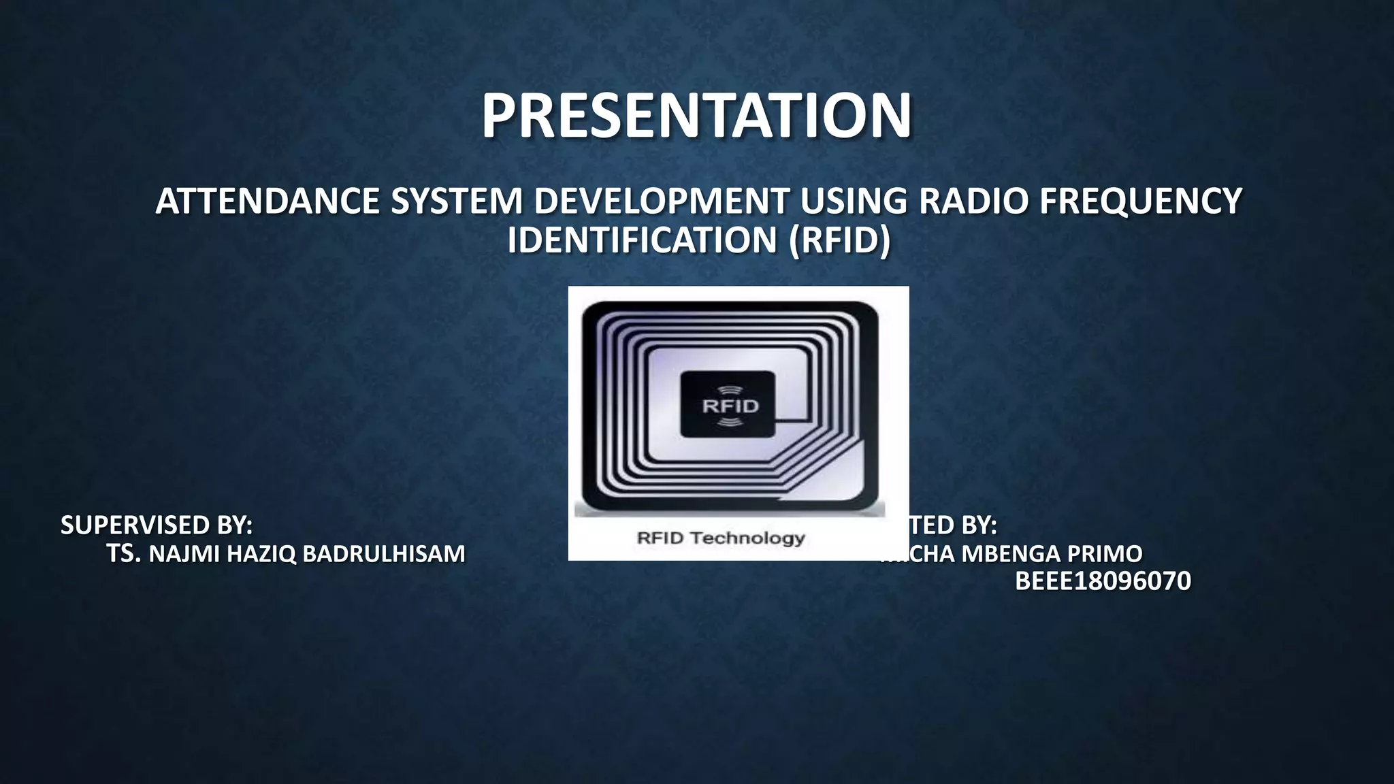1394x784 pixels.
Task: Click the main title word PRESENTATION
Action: point(696,116)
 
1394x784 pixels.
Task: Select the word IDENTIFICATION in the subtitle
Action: point(642,240)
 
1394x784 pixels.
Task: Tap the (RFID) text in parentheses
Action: point(839,240)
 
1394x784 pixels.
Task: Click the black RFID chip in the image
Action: point(728,404)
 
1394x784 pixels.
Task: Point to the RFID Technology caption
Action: point(721,538)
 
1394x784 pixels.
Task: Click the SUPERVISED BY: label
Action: point(157,525)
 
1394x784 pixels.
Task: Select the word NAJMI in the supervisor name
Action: point(184,554)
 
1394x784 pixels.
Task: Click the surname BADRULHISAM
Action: point(383,554)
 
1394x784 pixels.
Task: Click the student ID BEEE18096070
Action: point(1103,582)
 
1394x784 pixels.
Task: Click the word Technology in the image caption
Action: point(747,538)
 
